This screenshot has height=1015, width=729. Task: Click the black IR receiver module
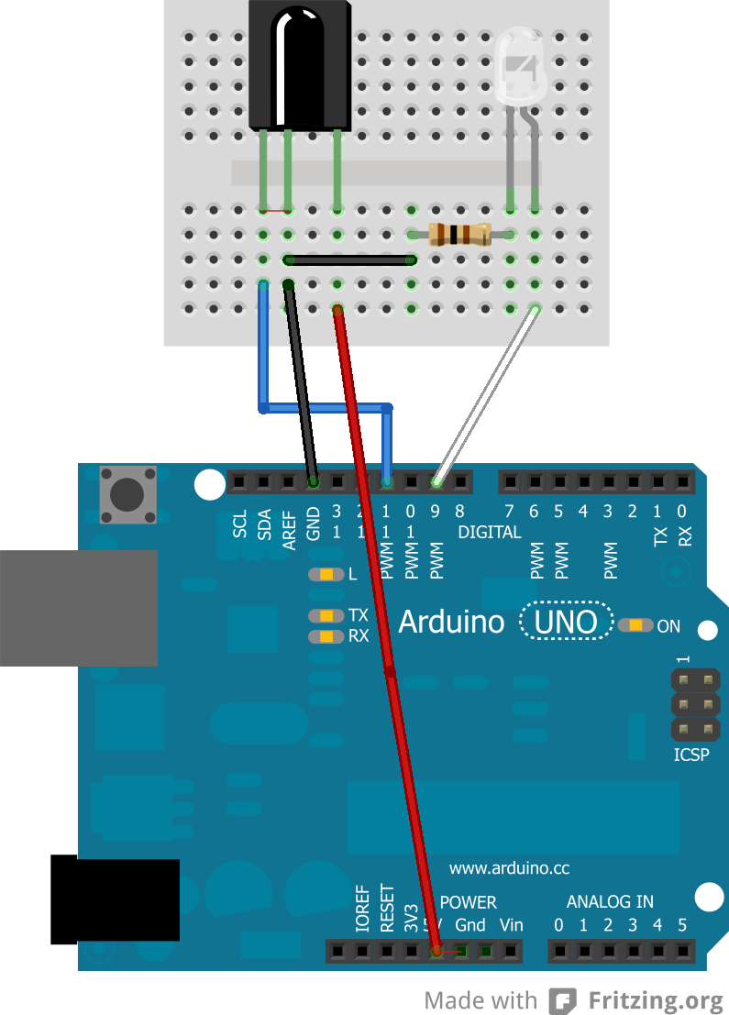[299, 64]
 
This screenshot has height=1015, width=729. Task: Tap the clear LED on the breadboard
[520, 70]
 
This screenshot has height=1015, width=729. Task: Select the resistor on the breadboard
[459, 235]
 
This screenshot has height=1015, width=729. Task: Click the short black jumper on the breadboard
[348, 260]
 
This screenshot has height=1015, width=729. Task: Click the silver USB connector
[78, 607]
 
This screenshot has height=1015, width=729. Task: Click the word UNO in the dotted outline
[567, 623]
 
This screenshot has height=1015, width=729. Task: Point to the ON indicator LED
[635, 626]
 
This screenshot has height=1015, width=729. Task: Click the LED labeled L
[326, 575]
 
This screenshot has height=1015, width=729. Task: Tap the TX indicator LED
[326, 615]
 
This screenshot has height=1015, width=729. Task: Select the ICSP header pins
[694, 705]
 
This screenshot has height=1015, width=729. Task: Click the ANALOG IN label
[610, 902]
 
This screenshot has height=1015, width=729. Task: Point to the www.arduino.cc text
[509, 867]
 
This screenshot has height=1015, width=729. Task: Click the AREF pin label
[289, 532]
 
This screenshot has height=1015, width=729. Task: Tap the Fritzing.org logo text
[656, 999]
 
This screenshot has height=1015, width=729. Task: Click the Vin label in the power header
[511, 925]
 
